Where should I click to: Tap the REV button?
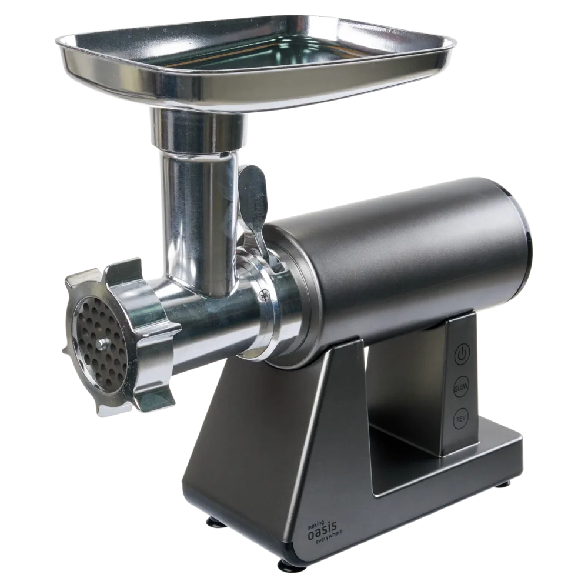(460, 419)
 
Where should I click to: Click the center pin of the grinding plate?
(102, 343)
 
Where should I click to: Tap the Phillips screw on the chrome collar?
(265, 296)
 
